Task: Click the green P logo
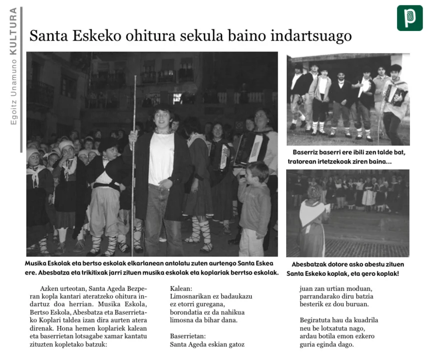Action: pyautogui.click(x=410, y=18)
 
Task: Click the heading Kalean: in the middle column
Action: pyautogui.click(x=181, y=288)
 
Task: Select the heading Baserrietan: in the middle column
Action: pyautogui.click(x=188, y=336)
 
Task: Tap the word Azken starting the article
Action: pyautogui.click(x=50, y=289)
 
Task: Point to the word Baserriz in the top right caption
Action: pyautogui.click(x=306, y=152)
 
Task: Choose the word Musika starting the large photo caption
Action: pyautogui.click(x=37, y=263)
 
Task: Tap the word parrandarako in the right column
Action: pyautogui.click(x=321, y=296)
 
